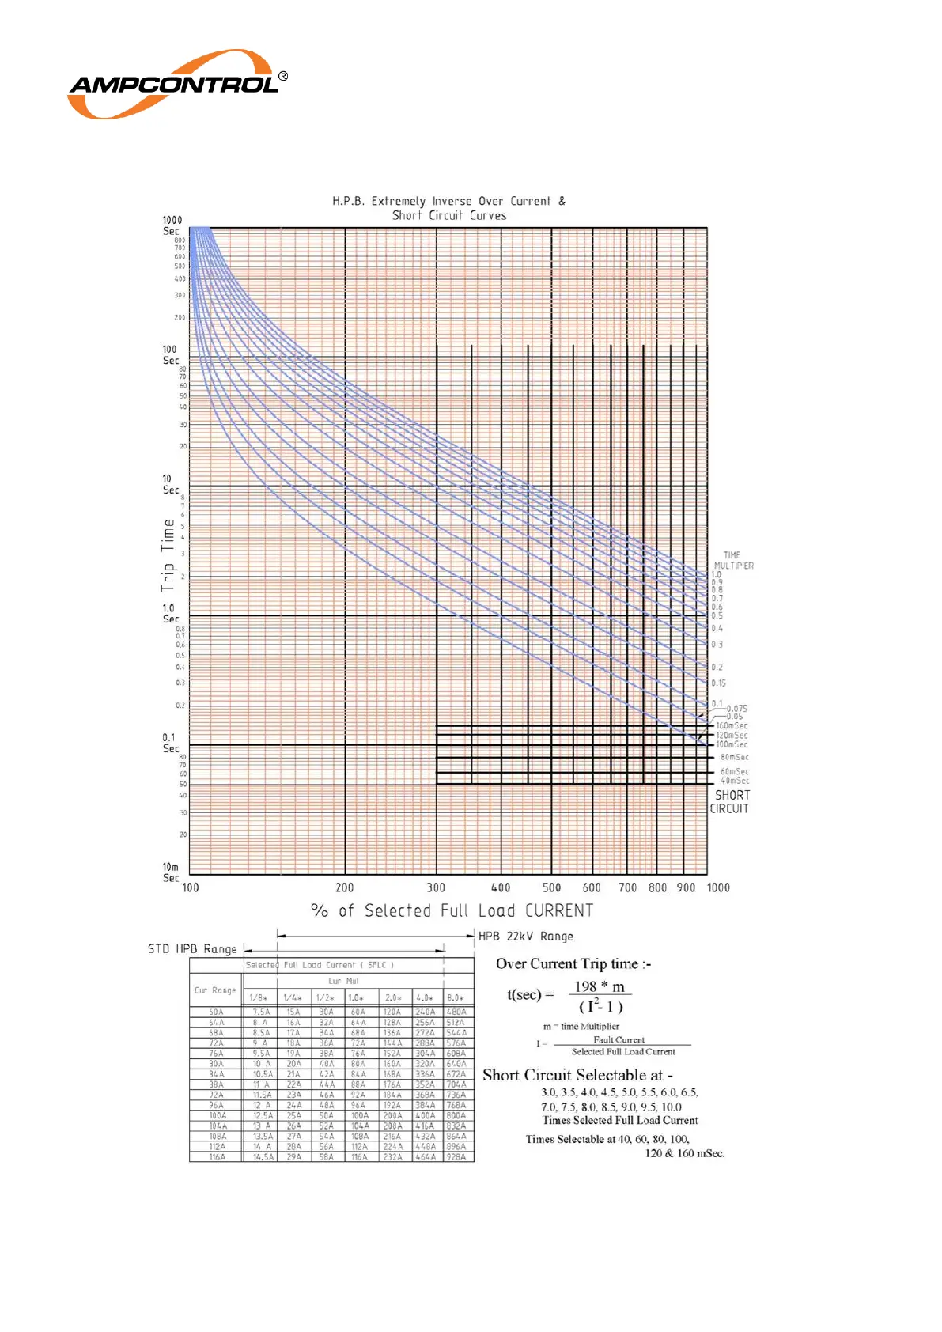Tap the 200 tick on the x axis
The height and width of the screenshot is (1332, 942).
pos(344,887)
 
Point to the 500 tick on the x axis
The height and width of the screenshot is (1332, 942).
pos(551,887)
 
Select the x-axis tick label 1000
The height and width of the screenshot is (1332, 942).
pos(718,887)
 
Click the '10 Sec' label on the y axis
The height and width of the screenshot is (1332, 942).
pos(170,484)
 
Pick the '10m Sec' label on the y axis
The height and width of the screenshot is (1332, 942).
pos(170,872)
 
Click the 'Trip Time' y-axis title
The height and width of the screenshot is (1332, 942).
pos(168,555)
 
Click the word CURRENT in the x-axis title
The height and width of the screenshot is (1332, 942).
pos(559,910)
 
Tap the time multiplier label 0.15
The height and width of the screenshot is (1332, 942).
pos(718,683)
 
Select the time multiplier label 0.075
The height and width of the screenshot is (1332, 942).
pos(737,709)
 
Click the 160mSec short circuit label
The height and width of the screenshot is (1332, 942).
pos(732,725)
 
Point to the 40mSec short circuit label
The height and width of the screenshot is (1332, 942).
pos(734,781)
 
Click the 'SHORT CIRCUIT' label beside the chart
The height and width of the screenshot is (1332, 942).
pos(730,801)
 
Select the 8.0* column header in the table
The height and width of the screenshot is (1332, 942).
pos(456,998)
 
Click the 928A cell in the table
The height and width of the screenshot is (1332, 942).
pos(456,1156)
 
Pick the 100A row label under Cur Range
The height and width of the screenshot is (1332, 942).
pos(217,1115)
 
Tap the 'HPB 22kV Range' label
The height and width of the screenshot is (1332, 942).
pos(526,937)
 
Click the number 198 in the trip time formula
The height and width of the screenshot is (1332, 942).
pos(585,986)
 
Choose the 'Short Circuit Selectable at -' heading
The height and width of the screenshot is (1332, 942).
pos(577,1075)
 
